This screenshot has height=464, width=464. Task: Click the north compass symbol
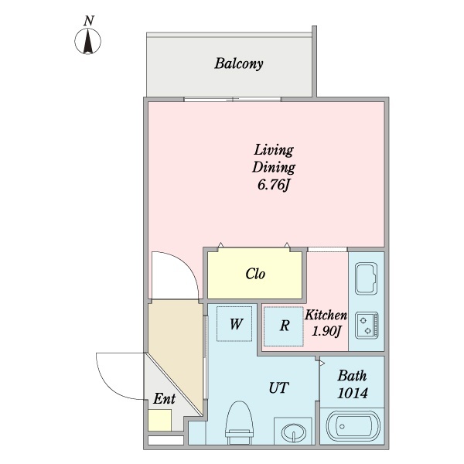coord(90,41)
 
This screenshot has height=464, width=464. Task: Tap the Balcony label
coord(239,63)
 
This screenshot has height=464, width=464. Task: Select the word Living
coord(274,149)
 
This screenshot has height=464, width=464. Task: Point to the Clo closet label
coord(256,274)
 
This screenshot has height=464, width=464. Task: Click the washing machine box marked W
coord(237,325)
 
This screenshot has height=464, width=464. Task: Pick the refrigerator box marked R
coord(284,326)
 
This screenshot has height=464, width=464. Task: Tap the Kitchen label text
coord(326,316)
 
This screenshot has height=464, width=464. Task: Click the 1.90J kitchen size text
coord(326,332)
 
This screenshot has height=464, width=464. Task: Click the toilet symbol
coord(240,425)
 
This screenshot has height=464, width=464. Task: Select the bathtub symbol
coord(353,426)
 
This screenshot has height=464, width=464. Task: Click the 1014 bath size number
coord(352,394)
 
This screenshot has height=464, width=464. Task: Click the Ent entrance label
coord(164,399)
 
